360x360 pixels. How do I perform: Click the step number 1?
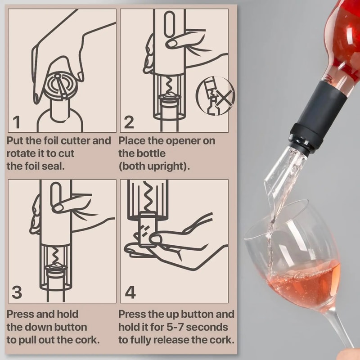tap(17, 122)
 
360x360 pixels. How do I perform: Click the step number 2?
tap(129, 122)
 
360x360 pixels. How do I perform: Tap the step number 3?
tap(17, 292)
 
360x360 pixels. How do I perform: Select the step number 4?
tap(130, 292)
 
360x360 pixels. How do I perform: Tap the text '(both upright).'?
tap(154, 166)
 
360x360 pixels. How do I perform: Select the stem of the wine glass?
tap(342, 333)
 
